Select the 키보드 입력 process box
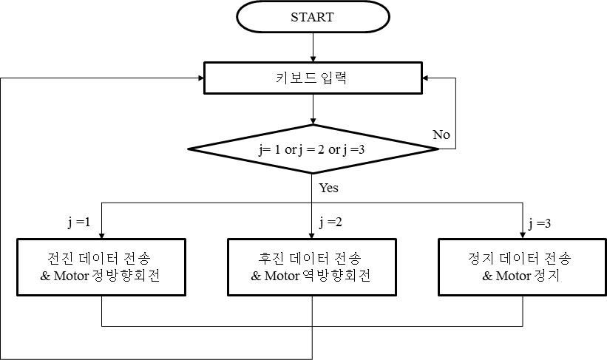(313, 77)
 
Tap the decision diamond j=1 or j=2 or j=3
(313, 149)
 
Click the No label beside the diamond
(441, 135)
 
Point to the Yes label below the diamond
(328, 188)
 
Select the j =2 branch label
(330, 222)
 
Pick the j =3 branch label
(540, 222)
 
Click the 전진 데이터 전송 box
(101, 267)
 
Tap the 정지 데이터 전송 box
(521, 267)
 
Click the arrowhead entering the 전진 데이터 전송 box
(102, 234)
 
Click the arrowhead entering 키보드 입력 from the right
(429, 77)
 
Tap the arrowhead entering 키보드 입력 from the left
(198, 77)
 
